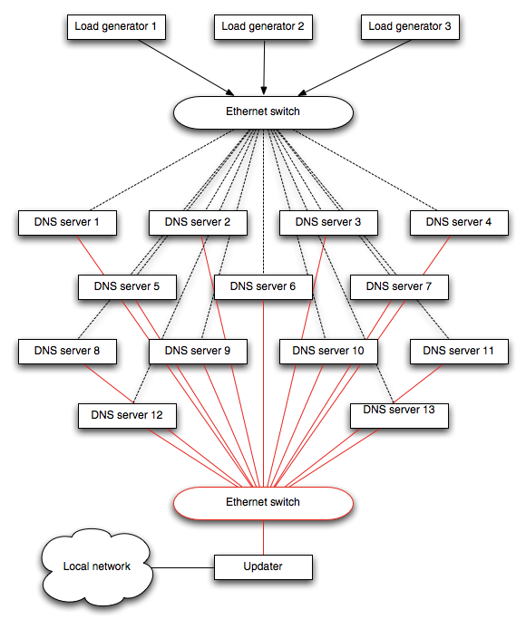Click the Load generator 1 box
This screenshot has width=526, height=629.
pos(116,27)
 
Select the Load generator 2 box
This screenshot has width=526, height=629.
pos(263,27)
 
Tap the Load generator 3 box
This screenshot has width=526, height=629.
pos(410,27)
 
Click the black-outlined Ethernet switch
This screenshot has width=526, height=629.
pos(263,112)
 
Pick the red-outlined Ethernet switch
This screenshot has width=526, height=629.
pos(263,503)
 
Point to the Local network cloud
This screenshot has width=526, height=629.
pos(97,566)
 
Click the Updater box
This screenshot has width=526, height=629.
pos(263,567)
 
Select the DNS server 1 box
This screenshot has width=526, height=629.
pos(67,223)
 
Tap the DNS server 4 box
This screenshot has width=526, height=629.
pos(460,223)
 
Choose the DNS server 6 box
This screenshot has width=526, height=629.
pos(263,287)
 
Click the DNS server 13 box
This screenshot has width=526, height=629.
pos(400,416)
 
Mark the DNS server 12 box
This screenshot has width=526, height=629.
pos(127,416)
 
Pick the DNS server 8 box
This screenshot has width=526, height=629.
pos(67,352)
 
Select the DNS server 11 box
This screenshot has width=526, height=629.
pos(460,352)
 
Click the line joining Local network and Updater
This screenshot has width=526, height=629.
pos(182,567)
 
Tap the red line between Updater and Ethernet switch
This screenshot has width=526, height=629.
pos(263,537)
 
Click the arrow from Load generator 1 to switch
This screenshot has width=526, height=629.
pos(186,67)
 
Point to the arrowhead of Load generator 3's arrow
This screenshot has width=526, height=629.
pos(302,93)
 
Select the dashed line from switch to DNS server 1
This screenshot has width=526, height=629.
pos(161,169)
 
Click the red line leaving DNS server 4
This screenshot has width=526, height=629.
pos(436,255)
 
